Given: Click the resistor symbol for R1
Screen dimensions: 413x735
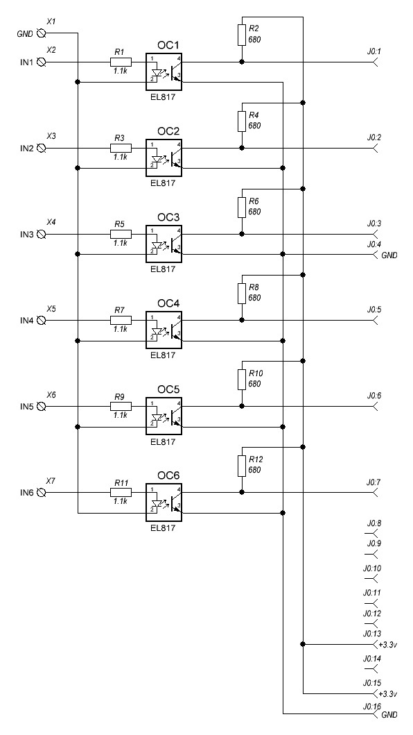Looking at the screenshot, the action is coord(121,62).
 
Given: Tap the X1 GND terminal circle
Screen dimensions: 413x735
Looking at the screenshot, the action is coord(41,33).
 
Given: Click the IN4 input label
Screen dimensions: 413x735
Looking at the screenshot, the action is coord(26,321).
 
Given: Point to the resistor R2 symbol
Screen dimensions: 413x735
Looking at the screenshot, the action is coord(242,35).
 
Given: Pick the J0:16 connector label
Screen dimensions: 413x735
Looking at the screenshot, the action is coord(371,706).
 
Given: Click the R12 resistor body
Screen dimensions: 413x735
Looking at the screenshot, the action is coord(242,466).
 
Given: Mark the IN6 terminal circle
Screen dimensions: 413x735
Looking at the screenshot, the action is coord(41,493).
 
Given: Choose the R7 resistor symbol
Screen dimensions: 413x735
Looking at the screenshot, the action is coord(121,320).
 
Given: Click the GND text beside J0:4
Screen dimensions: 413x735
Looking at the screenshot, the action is coord(389,255).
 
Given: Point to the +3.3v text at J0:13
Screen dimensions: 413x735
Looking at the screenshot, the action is coord(388,645).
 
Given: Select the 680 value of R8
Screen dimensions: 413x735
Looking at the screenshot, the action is coord(255,298).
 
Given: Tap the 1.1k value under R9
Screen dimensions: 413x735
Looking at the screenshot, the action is coord(121,415).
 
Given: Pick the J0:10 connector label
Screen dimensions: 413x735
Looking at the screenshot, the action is coord(371,568).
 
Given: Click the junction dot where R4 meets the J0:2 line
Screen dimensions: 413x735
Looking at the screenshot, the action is coord(242,148).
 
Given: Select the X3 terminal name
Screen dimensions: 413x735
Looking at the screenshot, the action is coord(51,136).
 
